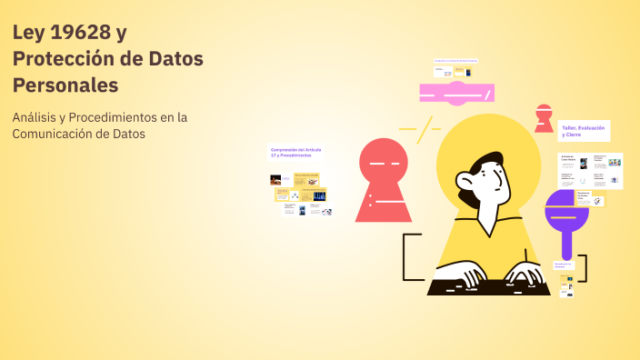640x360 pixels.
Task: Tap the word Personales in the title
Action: (65, 85)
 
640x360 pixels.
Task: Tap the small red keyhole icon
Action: (544, 117)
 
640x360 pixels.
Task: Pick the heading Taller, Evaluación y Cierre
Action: (583, 131)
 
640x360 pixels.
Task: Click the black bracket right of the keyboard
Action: (583, 268)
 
